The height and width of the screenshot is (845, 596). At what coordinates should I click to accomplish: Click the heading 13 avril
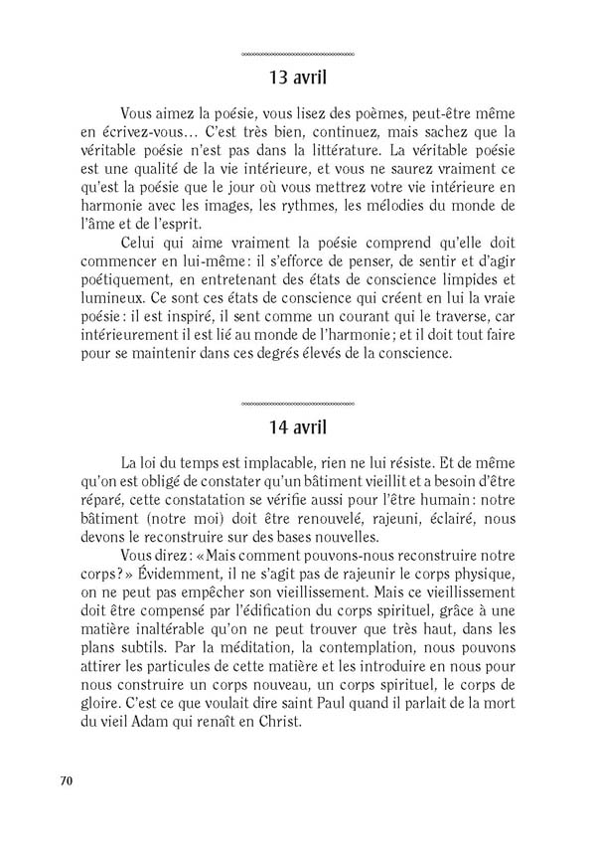click(x=297, y=78)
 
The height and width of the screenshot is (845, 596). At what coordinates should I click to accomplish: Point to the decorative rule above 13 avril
click(x=297, y=53)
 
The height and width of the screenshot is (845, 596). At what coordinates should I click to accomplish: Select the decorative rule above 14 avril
click(x=297, y=406)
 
